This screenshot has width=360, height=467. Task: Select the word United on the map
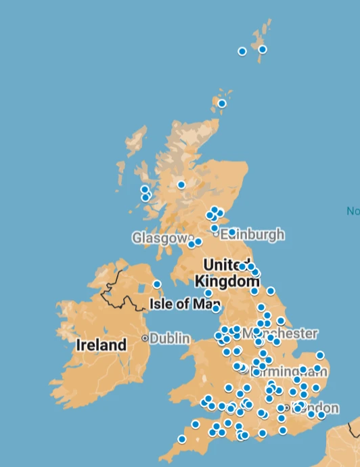coord(227,264)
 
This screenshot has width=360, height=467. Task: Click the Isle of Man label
coord(179,303)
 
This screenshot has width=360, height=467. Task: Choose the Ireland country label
coord(101,344)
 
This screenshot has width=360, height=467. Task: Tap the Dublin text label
coord(170,338)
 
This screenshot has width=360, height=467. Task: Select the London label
coord(315,408)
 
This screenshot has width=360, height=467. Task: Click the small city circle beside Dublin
coord(145,338)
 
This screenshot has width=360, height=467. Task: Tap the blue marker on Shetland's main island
coord(263,49)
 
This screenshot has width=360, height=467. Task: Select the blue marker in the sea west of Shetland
coord(242,51)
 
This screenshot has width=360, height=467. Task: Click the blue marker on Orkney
coord(222,104)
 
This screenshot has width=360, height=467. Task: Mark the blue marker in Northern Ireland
coord(157,284)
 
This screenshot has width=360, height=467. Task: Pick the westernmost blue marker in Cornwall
coord(182,439)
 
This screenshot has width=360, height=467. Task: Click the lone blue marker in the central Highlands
coord(181,185)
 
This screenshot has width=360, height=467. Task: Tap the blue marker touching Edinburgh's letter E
coord(231,232)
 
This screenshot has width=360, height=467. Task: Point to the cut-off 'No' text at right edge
coord(353,211)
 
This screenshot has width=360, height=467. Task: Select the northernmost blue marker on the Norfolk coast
coord(320,355)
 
